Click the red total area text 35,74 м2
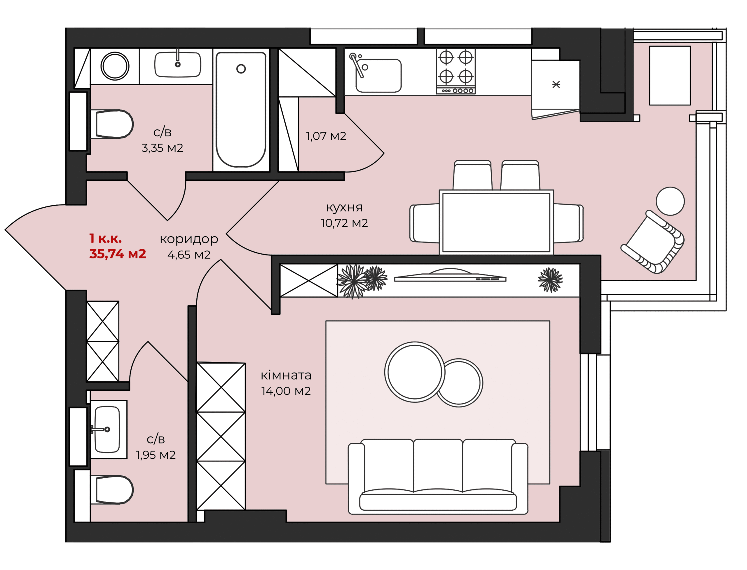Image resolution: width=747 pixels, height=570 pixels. (x=118, y=254)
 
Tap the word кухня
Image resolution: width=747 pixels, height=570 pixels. (x=344, y=207)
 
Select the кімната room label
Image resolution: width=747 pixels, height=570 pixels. (x=286, y=375)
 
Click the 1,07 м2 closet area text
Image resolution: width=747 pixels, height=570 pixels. (x=326, y=136)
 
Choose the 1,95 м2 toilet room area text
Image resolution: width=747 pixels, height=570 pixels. (x=156, y=455)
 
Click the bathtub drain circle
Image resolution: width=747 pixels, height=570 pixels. (x=241, y=69)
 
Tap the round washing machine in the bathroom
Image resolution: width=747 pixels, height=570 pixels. (x=115, y=66)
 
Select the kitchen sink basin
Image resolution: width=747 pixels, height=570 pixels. (x=378, y=75)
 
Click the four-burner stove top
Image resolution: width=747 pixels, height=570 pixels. (x=456, y=71)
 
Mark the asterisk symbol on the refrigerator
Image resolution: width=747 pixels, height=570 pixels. (x=556, y=84)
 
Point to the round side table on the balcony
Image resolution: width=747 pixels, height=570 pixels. (x=670, y=201)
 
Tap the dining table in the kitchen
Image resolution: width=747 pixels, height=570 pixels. (x=496, y=223)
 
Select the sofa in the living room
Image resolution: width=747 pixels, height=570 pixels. (x=438, y=476)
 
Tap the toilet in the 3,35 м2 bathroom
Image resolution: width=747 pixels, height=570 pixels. (x=112, y=124)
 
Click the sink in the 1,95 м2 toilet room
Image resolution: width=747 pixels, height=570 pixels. (x=107, y=429)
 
